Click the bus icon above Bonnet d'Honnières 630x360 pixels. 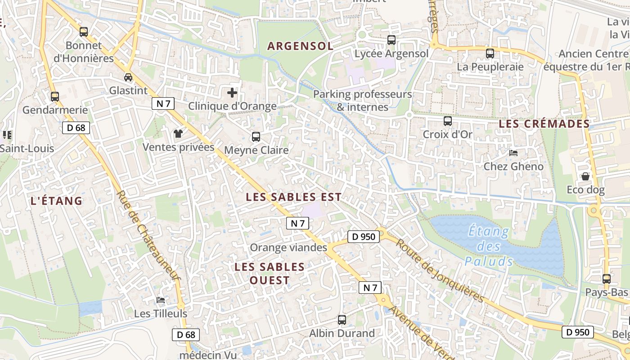tap(84, 32)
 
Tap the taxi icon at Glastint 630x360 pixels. tap(128, 77)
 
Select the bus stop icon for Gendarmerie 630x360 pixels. tap(55, 97)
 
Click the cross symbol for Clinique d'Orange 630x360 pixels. tap(232, 93)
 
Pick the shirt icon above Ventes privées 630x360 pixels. tap(178, 134)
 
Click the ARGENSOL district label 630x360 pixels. tap(300, 46)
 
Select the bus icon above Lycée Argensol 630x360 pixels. tap(391, 40)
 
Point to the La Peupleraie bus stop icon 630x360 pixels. tap(490, 54)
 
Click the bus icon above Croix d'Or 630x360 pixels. tap(448, 121)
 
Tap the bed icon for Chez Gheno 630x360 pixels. tap(513, 153)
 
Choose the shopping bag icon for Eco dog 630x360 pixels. tap(585, 176)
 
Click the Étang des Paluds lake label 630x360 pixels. tap(489, 247)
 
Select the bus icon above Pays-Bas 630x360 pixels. tap(607, 279)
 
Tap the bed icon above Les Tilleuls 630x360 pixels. tap(161, 300)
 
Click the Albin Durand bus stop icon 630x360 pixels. tap(342, 320)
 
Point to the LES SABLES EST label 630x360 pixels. tap(294, 197)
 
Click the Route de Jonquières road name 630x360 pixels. tap(440, 270)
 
